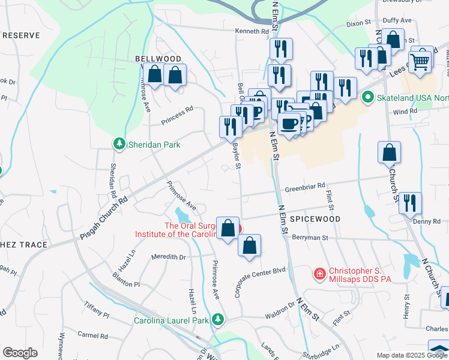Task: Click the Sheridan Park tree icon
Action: tap(119, 144)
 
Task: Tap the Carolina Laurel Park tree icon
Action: tap(220, 320)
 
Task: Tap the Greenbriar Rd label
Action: tap(305, 185)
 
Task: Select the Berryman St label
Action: tap(310, 238)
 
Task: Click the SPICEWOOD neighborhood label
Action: tap(315, 220)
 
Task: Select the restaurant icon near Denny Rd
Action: tap(410, 202)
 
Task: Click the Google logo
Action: tap(20, 353)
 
